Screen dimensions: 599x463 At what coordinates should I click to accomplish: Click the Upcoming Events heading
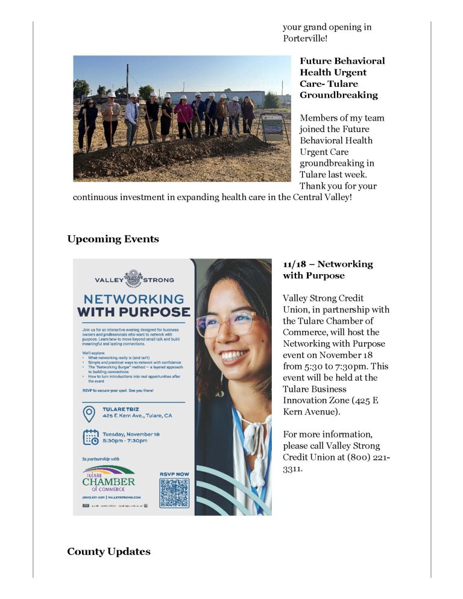coord(113,239)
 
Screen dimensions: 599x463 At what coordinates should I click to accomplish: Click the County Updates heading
coord(109,551)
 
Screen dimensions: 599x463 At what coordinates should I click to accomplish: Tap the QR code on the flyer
coord(174,493)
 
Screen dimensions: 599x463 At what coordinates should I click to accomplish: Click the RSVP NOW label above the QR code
coord(174,474)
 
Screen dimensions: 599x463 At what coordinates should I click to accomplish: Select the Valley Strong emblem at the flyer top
coord(133,279)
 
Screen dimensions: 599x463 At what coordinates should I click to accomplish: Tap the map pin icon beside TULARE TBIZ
coord(89,413)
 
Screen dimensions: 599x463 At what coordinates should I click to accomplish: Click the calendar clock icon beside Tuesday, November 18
coord(90,437)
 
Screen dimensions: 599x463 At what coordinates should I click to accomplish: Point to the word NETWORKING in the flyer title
coord(133,299)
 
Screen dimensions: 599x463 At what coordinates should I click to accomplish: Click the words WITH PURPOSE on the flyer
coord(133,313)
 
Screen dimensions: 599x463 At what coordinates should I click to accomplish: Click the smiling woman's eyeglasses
coord(231,324)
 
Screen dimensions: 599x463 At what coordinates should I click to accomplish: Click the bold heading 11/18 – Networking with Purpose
coord(327,269)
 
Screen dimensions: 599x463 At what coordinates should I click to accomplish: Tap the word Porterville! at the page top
coord(306,39)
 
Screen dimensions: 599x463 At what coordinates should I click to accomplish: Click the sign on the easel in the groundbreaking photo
coord(273,127)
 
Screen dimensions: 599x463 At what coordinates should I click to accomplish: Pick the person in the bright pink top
coord(183,114)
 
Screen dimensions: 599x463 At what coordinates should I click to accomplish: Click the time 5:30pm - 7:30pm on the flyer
coord(125,441)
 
